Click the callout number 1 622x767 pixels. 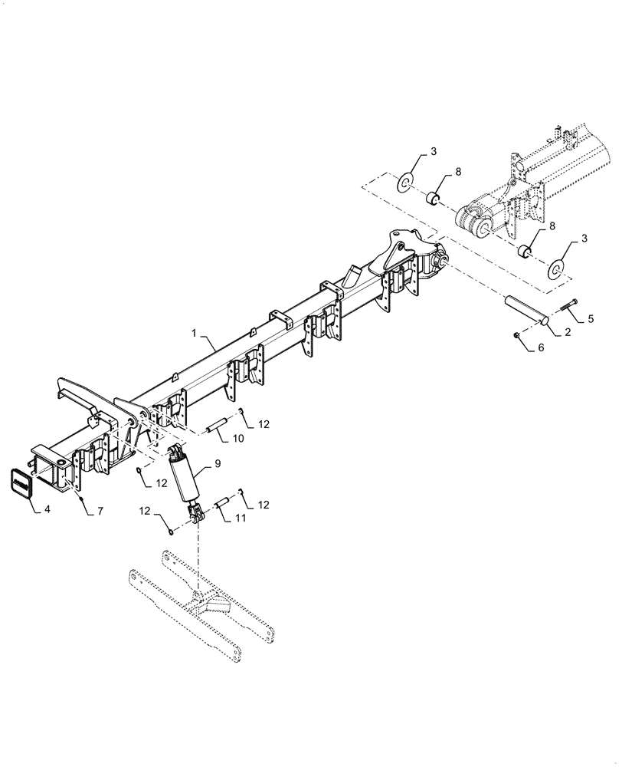coord(195,335)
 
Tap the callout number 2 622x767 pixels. coord(568,332)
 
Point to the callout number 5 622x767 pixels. coord(591,317)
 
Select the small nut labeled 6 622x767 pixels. coord(517,335)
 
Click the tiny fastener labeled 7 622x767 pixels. coord(80,498)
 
